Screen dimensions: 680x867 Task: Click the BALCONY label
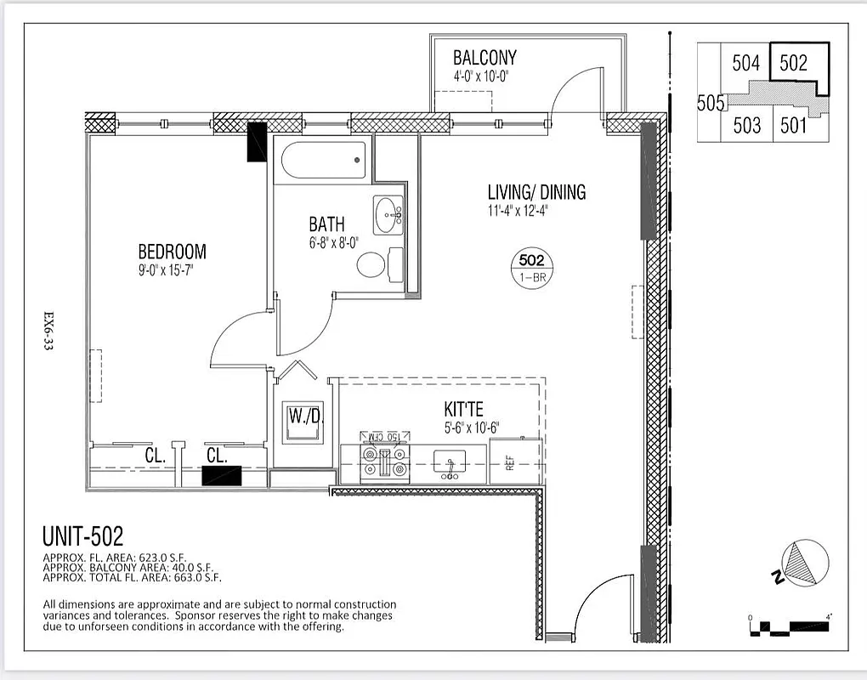(484, 58)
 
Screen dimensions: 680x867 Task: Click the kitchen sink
(448, 463)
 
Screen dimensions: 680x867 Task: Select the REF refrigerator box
(515, 462)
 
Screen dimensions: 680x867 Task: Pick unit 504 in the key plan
(745, 64)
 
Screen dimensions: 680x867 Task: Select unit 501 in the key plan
(792, 126)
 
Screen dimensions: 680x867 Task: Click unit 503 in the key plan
(746, 126)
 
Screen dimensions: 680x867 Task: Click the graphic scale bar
(790, 628)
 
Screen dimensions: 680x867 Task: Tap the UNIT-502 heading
(82, 536)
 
